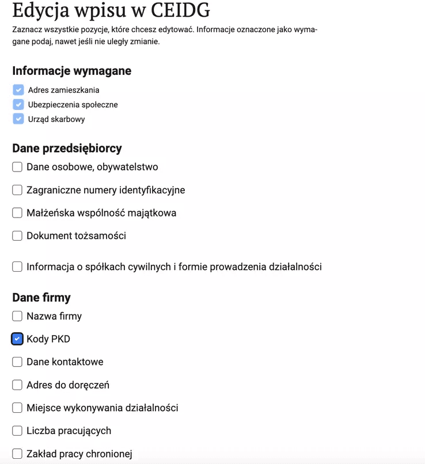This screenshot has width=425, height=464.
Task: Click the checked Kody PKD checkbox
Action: (x=17, y=339)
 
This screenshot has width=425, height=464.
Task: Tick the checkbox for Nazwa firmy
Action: (x=17, y=316)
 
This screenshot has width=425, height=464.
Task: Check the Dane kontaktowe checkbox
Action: (x=17, y=362)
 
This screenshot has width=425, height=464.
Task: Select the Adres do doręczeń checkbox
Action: (x=17, y=385)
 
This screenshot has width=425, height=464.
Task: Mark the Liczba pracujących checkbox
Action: (x=17, y=431)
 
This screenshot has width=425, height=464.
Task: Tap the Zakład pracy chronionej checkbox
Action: (x=17, y=454)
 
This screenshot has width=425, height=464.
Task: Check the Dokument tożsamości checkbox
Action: (x=17, y=235)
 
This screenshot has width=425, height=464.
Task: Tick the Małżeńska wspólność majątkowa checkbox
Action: (x=17, y=213)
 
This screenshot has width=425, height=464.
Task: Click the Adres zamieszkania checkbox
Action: (x=18, y=90)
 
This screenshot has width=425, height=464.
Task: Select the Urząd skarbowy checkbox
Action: (x=18, y=119)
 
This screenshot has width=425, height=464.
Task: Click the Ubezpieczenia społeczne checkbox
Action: (x=18, y=105)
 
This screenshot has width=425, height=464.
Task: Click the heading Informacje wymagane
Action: (x=71, y=71)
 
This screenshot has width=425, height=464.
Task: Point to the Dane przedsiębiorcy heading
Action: (x=67, y=148)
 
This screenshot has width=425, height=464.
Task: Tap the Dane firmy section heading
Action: (x=41, y=298)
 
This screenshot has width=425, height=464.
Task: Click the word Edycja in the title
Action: (x=40, y=11)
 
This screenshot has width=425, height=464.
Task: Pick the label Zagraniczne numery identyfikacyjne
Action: (x=105, y=190)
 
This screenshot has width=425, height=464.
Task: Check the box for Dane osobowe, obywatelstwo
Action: (x=17, y=167)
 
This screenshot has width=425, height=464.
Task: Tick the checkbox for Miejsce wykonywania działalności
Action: (x=17, y=408)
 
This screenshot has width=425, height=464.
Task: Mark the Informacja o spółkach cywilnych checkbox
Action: (x=17, y=267)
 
